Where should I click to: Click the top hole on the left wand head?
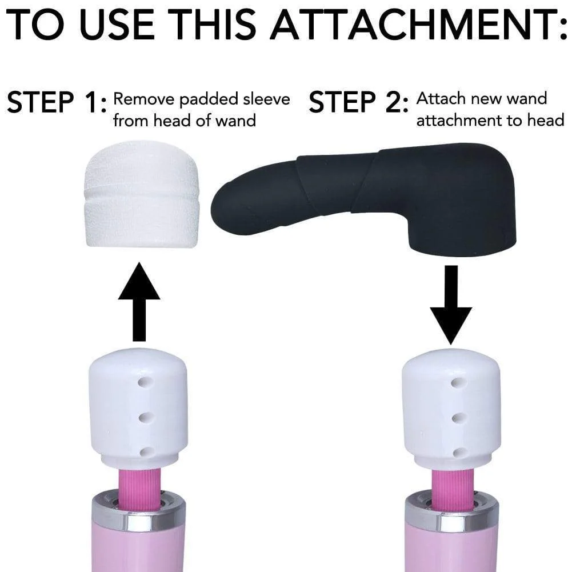[145, 381]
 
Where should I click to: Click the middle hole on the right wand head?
[456, 418]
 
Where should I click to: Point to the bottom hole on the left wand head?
[145, 452]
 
